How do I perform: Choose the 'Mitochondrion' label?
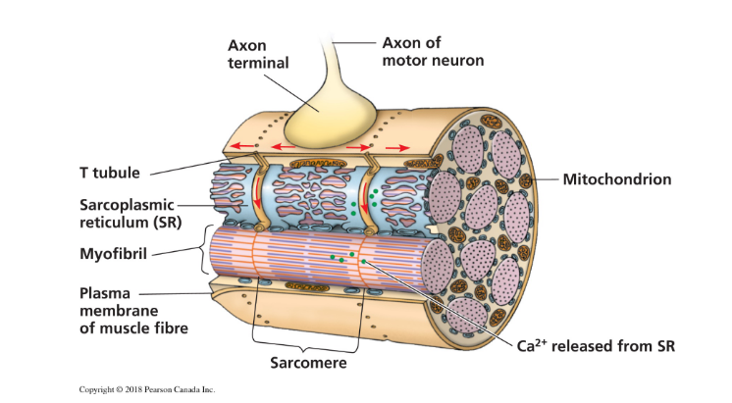coord(616,179)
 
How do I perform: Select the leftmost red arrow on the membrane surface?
coord(238,149)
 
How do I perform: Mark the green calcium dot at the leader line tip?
coord(363,262)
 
